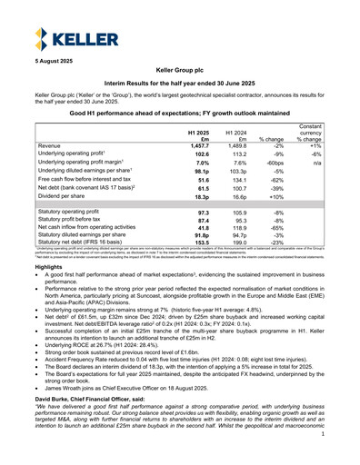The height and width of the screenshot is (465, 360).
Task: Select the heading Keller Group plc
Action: tap(180, 94)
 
